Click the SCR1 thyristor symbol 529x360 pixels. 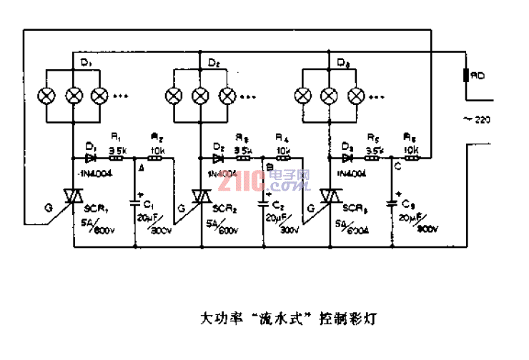[x=74, y=196]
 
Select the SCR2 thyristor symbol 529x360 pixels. [x=202, y=196]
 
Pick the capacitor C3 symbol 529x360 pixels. [x=392, y=203]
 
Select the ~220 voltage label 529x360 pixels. [x=478, y=119]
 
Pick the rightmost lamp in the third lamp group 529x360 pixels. [x=355, y=95]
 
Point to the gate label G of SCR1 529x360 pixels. [x=48, y=209]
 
